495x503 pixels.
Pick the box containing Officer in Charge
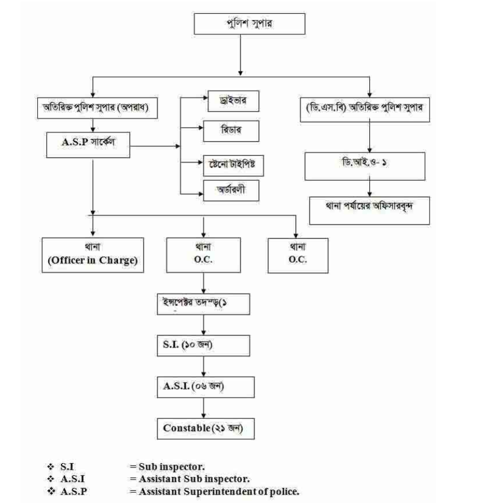click(93, 255)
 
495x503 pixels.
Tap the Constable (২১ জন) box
click(206, 428)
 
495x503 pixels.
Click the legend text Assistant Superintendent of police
click(214, 491)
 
